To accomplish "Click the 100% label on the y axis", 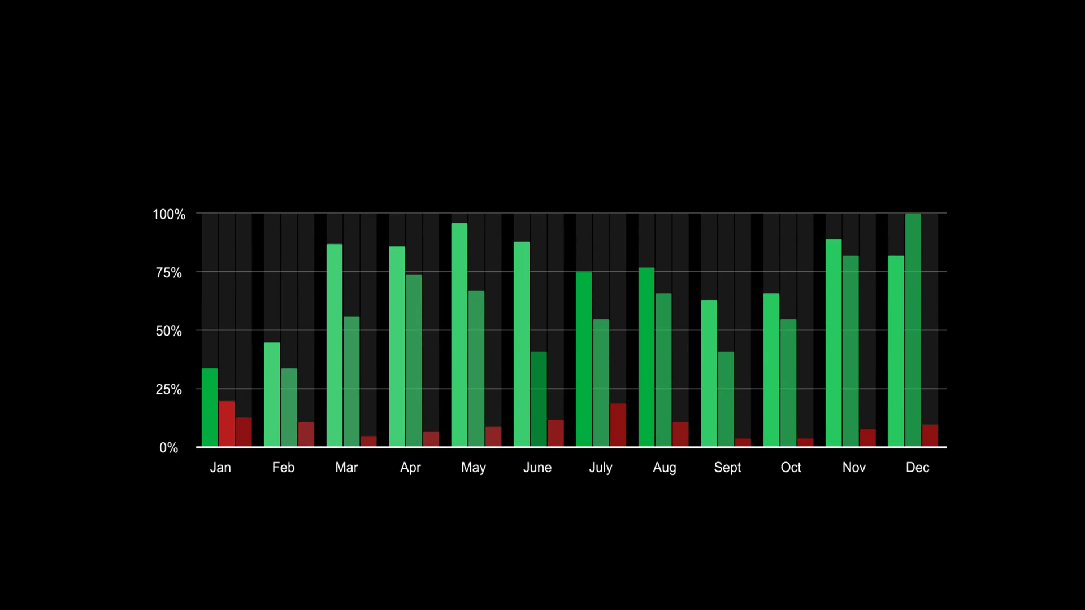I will coord(168,215).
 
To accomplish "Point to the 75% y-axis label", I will coord(168,273).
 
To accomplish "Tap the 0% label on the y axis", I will coord(168,448).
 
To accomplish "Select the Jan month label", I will coord(220,468).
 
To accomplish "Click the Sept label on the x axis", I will coord(727,468).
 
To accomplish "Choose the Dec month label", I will coord(917,468).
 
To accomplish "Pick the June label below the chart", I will coord(537,468).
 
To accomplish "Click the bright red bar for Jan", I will coord(227,424).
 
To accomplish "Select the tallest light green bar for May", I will coord(459,334).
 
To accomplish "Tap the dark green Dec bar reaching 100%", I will coord(913,330).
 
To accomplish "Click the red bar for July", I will coord(618,425).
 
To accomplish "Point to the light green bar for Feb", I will coord(272,394).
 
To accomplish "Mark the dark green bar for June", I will coord(539,399).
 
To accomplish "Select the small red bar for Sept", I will coord(743,442).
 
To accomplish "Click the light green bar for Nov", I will coord(834,343).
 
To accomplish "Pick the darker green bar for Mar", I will coord(351,381).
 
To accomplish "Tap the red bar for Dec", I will coord(930,435).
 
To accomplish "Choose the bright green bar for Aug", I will coord(646,357).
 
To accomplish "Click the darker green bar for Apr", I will coord(414,360).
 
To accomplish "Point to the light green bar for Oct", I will coord(771,370).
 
